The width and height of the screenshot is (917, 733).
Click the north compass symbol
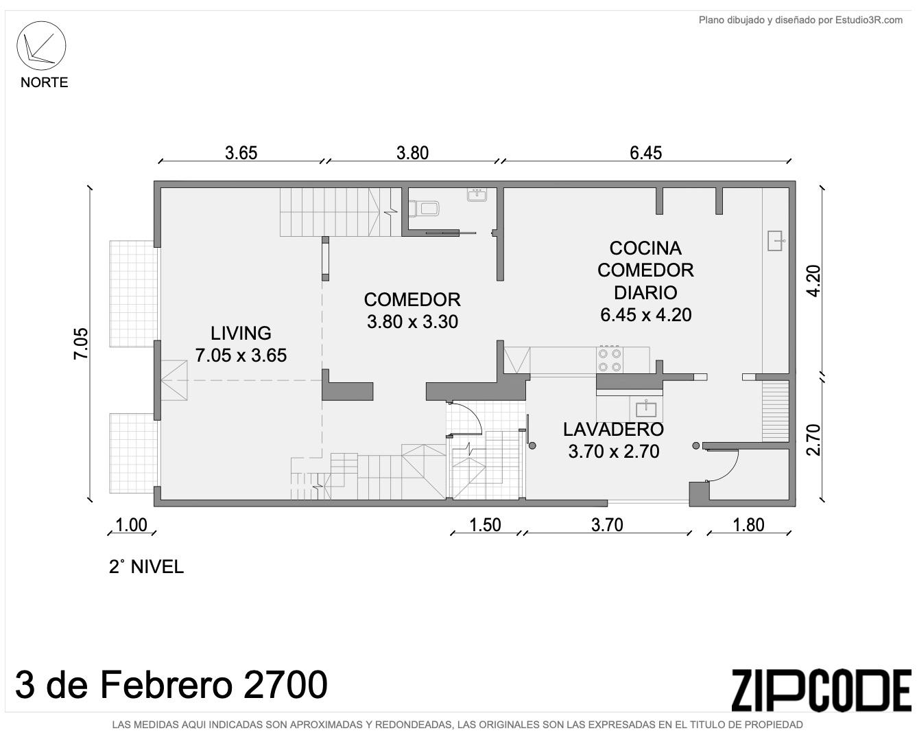tap(41, 46)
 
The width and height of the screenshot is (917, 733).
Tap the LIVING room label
tap(241, 333)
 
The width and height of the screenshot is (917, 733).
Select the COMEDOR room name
tap(412, 300)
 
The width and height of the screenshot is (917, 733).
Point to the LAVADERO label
tap(613, 430)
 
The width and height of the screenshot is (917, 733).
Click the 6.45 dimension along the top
tap(646, 153)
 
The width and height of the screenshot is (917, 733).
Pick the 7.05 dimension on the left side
tap(82, 344)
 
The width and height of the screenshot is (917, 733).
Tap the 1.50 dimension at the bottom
tap(485, 525)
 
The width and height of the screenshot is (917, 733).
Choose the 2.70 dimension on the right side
tap(813, 440)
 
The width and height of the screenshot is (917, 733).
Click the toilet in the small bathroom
tap(424, 209)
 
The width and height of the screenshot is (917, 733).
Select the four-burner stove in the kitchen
tap(610, 360)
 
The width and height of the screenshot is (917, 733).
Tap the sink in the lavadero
tap(646, 408)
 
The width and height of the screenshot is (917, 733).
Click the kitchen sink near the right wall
tap(776, 240)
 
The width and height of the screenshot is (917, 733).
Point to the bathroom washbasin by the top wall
tap(477, 196)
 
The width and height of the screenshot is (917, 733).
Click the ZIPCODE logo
tap(821, 690)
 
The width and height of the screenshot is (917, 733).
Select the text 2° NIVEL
tap(146, 567)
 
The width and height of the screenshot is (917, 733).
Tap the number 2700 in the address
tap(286, 685)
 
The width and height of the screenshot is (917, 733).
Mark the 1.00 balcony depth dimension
tap(131, 525)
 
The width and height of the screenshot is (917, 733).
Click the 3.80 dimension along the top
tap(412, 153)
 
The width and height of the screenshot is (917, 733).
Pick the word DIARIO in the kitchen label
tap(645, 293)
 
